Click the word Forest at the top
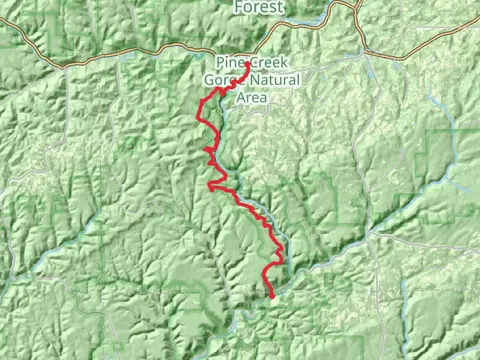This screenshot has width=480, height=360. (x=258, y=7)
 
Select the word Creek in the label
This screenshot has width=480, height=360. (x=264, y=61)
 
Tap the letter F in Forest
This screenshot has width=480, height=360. (x=238, y=7)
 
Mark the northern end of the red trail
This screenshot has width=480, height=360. (x=247, y=65)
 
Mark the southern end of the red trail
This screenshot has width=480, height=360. (x=273, y=296)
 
